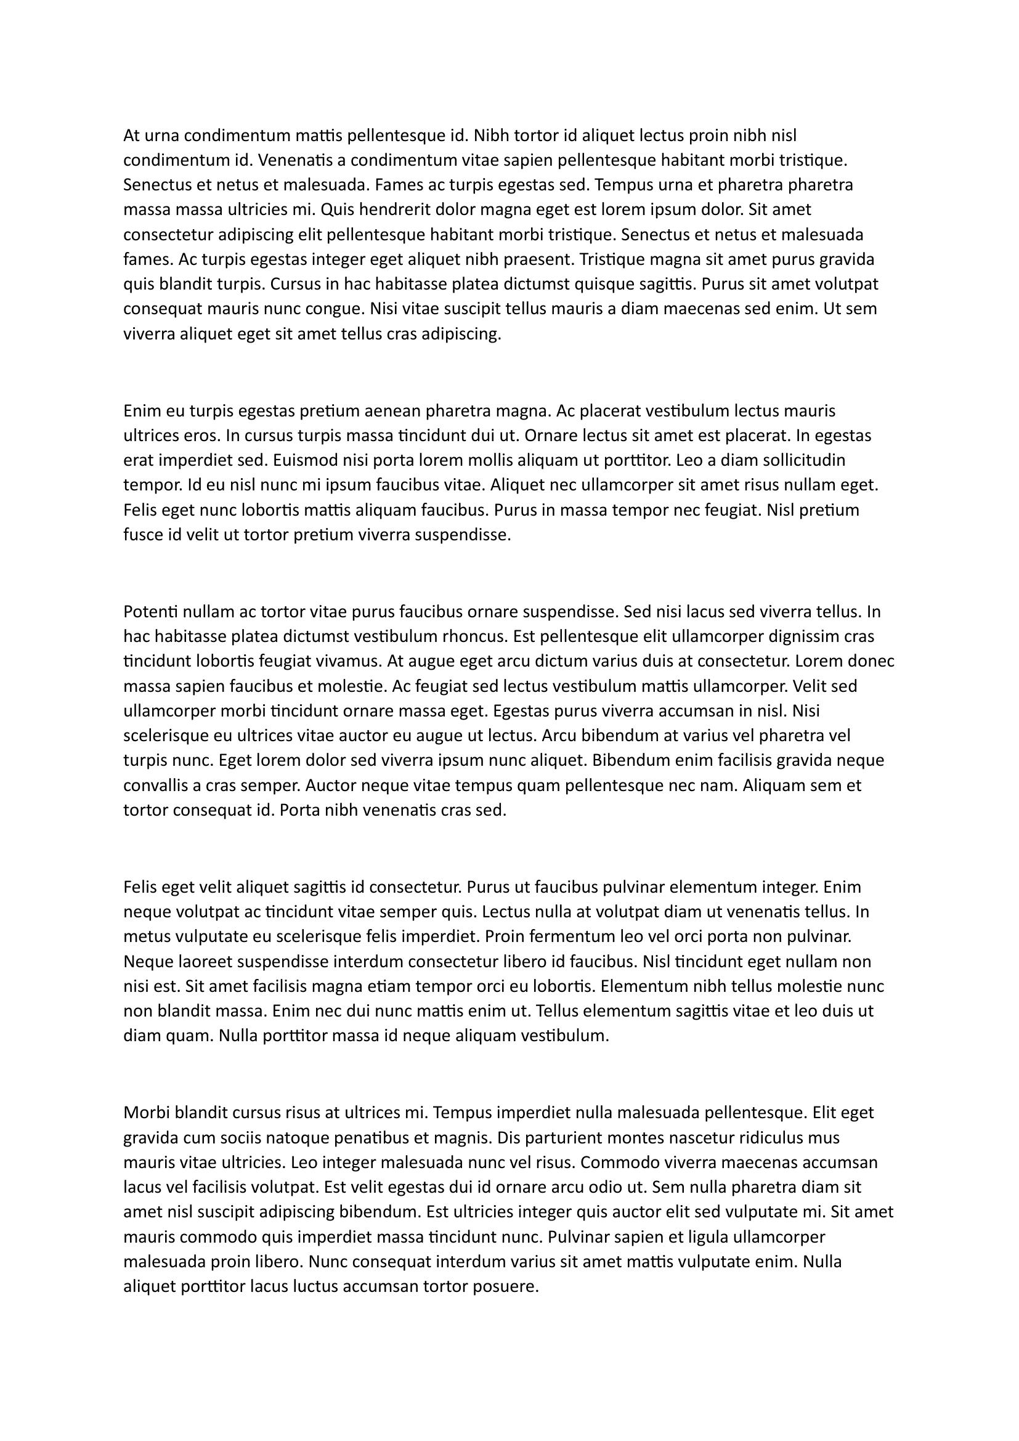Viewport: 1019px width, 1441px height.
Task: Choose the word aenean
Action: coord(392,411)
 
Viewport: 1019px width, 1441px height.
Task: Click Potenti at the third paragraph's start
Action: coord(150,611)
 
